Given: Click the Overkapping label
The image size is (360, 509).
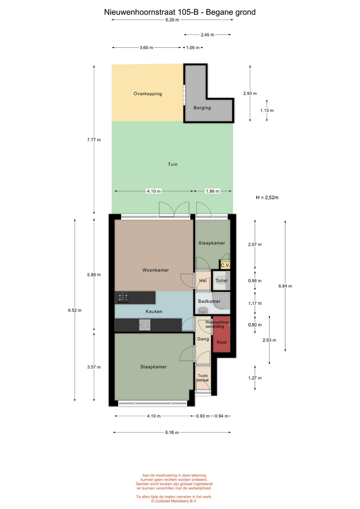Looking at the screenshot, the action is (148, 94).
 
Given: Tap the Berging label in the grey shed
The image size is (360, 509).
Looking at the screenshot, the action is (202, 108).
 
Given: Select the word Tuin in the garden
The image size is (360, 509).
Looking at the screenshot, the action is (173, 164).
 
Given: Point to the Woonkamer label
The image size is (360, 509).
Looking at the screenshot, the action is (155, 270).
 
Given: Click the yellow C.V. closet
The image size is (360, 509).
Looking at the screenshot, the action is (225, 265).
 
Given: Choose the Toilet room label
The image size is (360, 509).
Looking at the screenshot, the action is (222, 280).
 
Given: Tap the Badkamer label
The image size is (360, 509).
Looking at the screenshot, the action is (209, 301).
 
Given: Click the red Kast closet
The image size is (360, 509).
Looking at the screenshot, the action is (222, 335).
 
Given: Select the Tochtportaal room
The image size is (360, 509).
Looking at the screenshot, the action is (203, 378).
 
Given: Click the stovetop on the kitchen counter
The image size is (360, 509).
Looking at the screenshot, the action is (123, 297).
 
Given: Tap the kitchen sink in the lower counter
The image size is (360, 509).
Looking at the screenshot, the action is (145, 325).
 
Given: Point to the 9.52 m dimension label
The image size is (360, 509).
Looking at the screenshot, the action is (75, 310).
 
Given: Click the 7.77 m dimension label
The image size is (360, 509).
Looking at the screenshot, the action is (94, 140).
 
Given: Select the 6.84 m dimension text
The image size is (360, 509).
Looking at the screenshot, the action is (285, 286).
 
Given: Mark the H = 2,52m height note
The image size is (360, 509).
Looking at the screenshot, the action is (267, 197).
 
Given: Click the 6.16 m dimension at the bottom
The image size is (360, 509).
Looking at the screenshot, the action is (172, 433).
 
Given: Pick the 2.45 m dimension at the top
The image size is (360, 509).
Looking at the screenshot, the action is (207, 35).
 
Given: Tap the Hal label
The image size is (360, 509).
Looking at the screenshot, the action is (203, 280).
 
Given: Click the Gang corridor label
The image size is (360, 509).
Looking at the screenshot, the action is (203, 339).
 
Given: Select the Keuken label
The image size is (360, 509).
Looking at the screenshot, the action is (154, 311).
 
